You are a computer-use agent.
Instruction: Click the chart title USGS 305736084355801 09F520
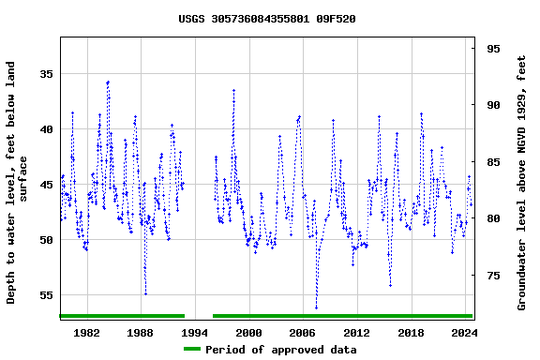[267, 19]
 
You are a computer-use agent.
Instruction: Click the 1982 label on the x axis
[86, 332]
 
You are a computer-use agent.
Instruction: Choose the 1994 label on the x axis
[195, 332]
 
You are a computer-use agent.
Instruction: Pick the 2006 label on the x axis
[303, 332]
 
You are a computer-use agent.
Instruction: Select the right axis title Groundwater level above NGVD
[522, 183]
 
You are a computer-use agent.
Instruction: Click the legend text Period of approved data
[280, 350]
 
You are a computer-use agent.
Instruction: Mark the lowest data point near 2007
[316, 307]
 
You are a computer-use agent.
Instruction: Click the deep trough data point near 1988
[145, 293]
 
